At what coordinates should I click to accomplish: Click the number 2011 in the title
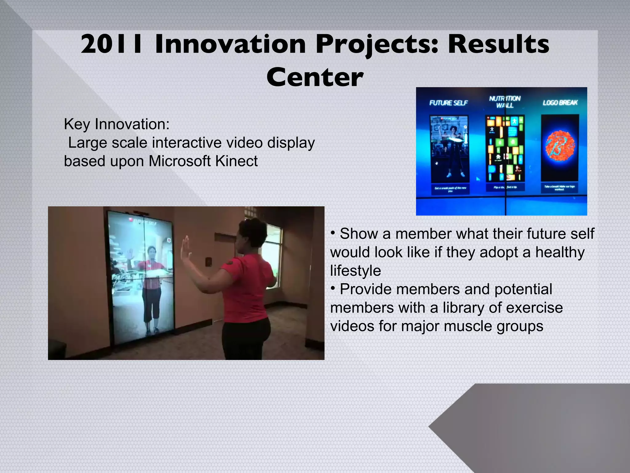pos(111,45)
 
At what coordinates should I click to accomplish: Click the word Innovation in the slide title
pos(230,45)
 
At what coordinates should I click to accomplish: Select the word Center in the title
pos(315,77)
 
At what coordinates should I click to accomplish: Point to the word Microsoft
pos(180,161)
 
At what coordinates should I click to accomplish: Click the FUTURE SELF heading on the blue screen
pos(448,103)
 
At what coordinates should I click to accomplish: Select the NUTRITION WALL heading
pos(505,102)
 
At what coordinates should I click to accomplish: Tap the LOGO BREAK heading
pos(560,103)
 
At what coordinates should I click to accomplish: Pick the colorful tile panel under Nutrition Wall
pos(505,149)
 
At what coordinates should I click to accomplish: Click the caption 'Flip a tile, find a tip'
pos(505,187)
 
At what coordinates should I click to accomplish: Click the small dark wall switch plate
pos(209,262)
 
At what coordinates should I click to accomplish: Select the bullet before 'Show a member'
pos(333,232)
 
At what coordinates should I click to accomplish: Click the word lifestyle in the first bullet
pos(355,271)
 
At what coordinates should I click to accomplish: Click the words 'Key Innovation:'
pos(117,124)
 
